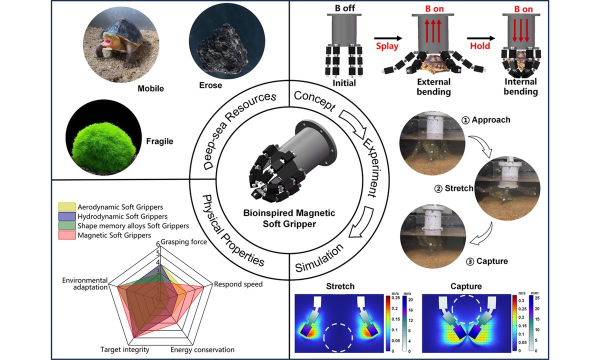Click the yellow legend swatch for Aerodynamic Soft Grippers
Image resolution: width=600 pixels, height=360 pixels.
[67, 207]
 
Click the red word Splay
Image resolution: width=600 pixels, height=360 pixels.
[387, 46]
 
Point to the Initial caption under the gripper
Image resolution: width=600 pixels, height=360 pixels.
[343, 83]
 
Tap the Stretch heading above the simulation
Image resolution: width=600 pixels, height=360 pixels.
[340, 287]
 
